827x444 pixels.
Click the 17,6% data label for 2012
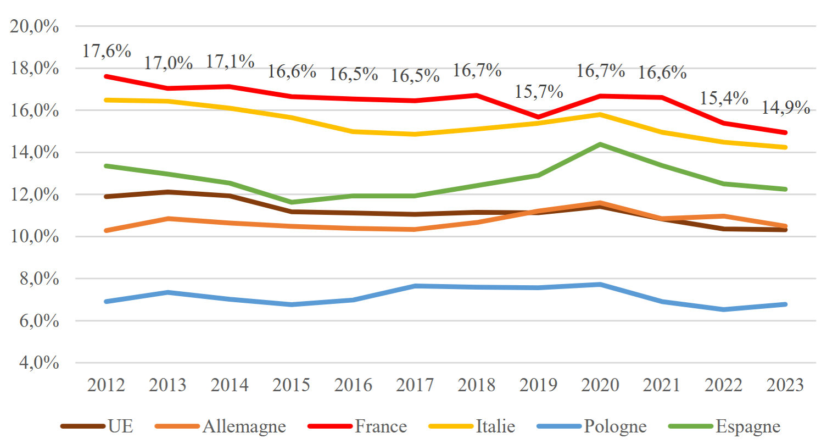tap(107, 51)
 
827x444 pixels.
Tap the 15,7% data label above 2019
tap(539, 92)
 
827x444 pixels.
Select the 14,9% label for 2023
tap(786, 108)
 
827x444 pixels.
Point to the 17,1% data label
tap(230, 62)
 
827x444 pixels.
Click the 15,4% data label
tap(724, 98)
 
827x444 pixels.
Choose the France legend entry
tap(357, 426)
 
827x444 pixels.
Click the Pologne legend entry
tap(592, 426)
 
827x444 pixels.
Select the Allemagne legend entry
tap(220, 426)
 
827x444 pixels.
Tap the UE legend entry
tap(97, 426)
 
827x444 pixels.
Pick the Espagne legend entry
tap(724, 426)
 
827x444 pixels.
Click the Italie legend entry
tap(472, 426)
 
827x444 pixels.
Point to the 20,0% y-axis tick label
tap(35, 26)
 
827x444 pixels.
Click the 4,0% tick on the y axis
tap(39, 363)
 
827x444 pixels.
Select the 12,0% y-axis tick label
tap(35, 195)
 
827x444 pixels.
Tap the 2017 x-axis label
tap(415, 385)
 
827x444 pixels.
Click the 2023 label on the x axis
tap(785, 385)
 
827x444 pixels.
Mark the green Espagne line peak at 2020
tap(600, 145)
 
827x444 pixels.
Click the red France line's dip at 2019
tap(538, 117)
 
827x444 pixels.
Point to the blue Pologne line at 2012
tap(107, 302)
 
